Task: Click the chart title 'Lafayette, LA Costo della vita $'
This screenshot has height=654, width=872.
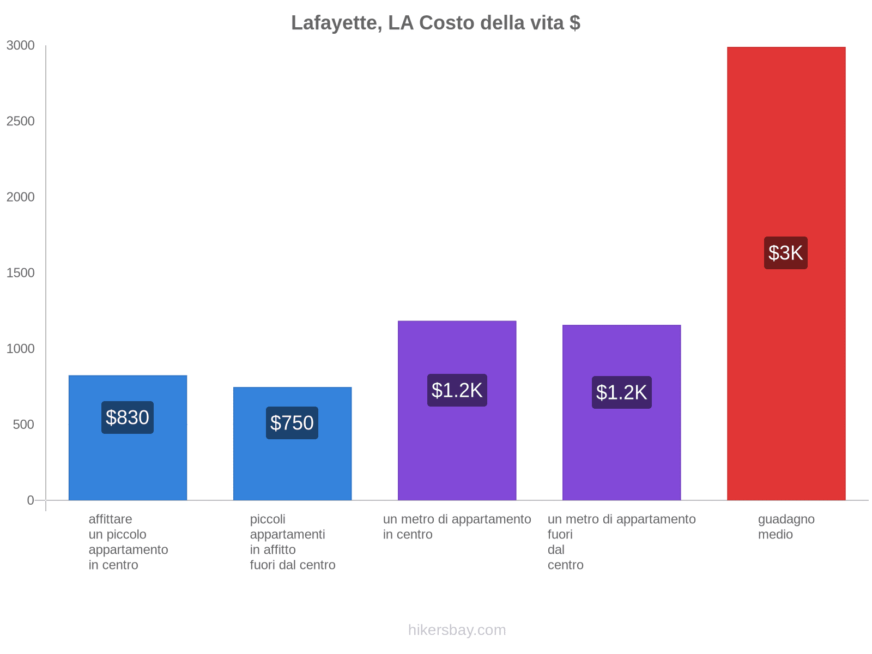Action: [x=435, y=23]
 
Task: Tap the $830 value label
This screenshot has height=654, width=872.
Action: [x=128, y=417]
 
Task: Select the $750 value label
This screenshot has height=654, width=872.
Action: [x=292, y=423]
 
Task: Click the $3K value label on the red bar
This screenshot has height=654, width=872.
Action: [x=785, y=253]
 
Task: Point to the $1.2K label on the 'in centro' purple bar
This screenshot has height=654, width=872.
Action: [x=457, y=390]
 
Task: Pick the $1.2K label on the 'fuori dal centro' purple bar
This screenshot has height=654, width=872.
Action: [x=621, y=392]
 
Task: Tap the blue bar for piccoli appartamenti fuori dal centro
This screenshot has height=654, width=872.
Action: [x=292, y=469]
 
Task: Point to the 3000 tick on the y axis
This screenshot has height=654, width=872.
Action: [x=21, y=46]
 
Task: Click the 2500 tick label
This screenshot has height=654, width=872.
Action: [x=21, y=122]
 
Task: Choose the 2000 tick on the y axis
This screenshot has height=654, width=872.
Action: [x=21, y=197]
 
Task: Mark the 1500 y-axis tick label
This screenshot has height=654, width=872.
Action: [x=21, y=273]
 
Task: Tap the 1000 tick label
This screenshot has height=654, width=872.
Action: [x=21, y=349]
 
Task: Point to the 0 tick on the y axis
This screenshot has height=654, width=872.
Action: [x=31, y=500]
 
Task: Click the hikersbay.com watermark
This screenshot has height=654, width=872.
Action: [x=457, y=630]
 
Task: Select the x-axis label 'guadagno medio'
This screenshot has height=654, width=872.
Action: [x=786, y=526]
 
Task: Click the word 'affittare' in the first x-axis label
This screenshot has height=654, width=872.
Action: [x=110, y=519]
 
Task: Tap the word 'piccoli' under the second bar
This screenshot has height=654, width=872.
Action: [x=268, y=519]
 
